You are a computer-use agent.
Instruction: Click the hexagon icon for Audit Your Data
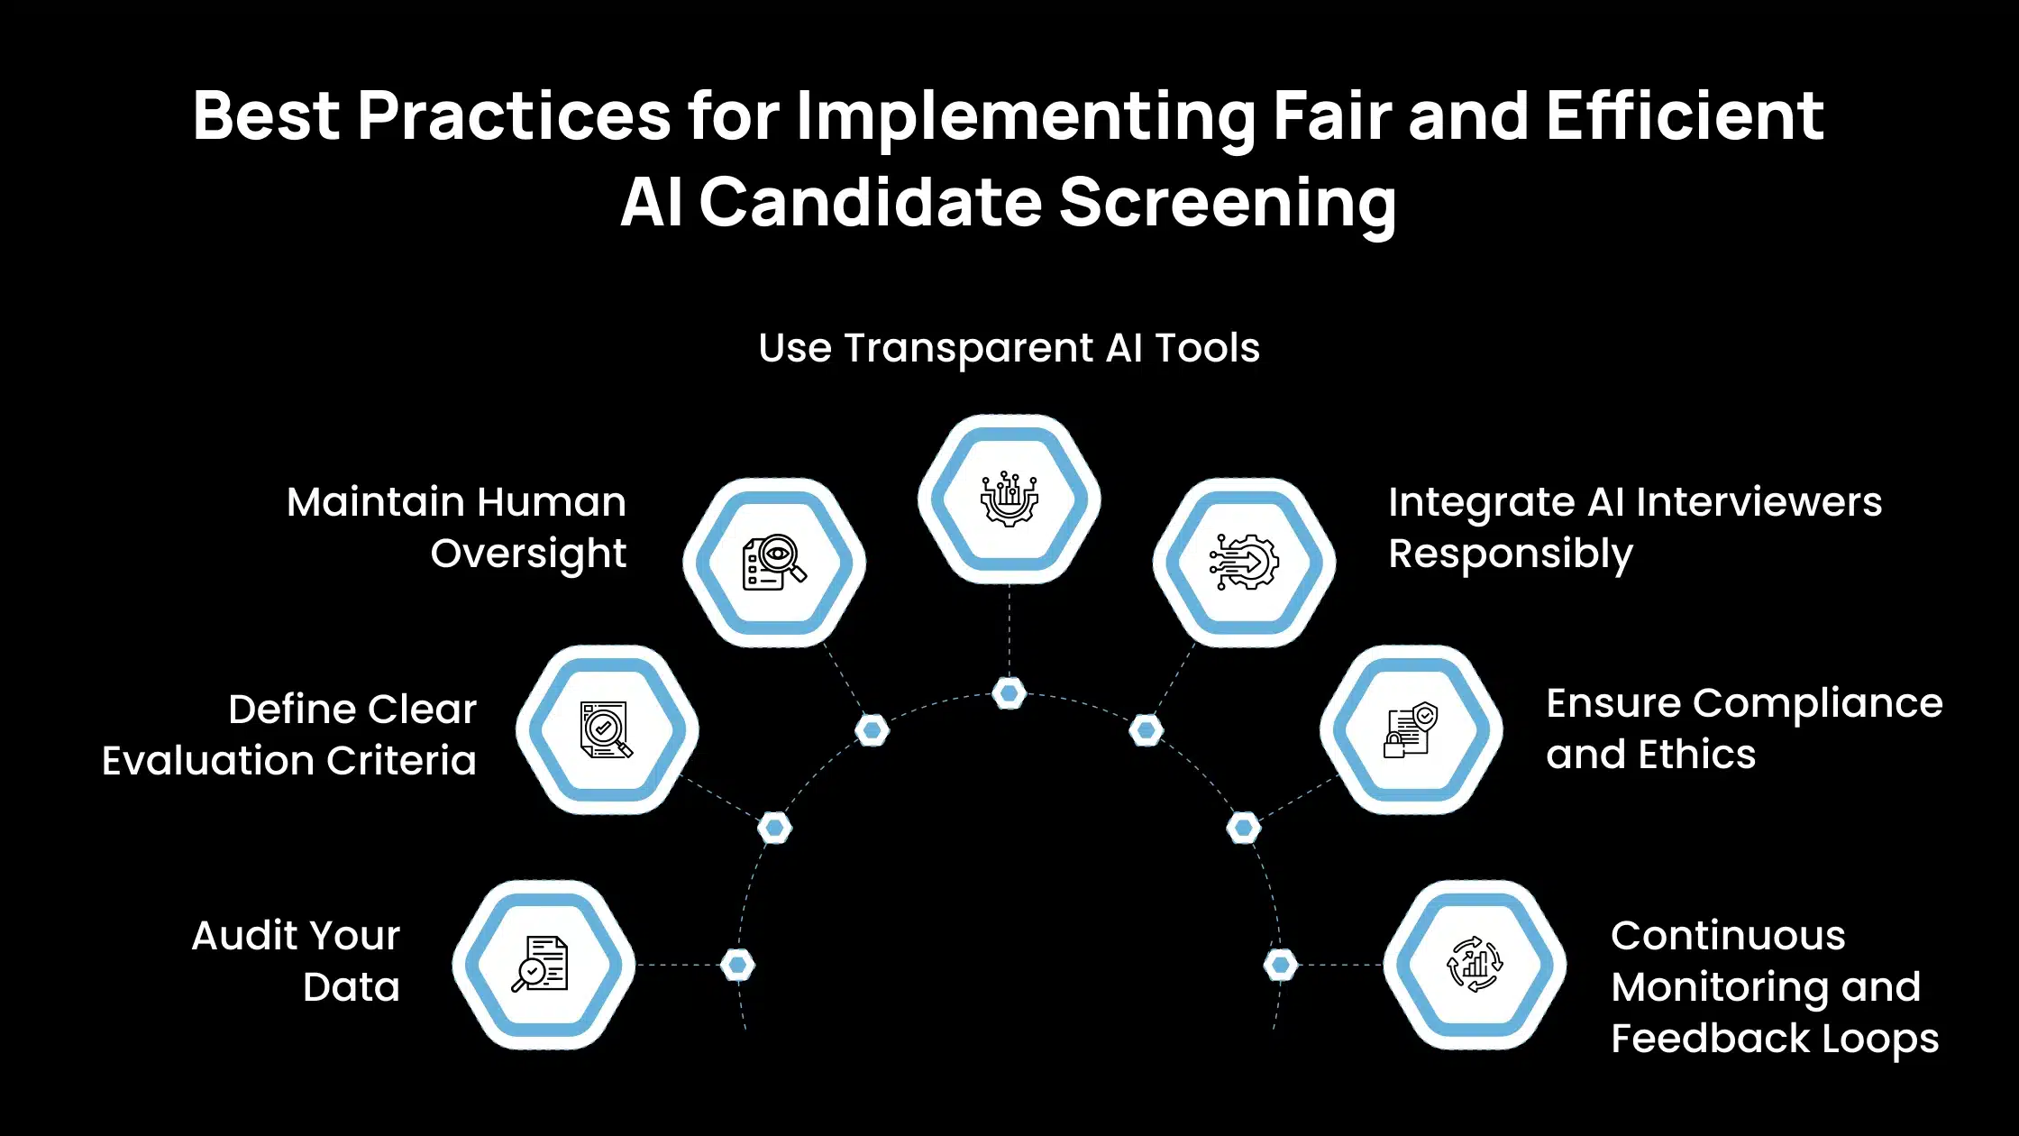coord(544,965)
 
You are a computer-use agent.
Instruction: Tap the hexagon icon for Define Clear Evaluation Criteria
coord(607,729)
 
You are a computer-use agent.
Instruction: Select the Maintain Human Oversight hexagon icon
coord(774,563)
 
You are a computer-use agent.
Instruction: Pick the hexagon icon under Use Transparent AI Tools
coord(1009,499)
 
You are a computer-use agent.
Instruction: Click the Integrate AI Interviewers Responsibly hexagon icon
coord(1244,563)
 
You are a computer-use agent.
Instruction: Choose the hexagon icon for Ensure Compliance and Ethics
coord(1411,729)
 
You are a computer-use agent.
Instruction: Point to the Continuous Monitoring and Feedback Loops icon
coord(1475,965)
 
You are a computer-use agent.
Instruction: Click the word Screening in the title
coord(1228,202)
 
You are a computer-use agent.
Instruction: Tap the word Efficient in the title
coord(1686,116)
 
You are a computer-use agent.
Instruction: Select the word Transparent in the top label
coord(969,348)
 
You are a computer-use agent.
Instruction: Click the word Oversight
coord(528,554)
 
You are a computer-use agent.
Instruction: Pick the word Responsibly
coord(1511,554)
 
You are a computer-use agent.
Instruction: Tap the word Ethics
coord(1697,755)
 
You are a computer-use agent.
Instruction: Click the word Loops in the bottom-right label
coord(1880,1039)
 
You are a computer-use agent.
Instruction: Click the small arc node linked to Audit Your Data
coord(737,965)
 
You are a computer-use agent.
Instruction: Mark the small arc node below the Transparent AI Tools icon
coord(1009,693)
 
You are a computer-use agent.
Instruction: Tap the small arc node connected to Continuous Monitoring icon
coord(1281,965)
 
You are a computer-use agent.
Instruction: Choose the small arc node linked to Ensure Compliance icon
coord(1244,828)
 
